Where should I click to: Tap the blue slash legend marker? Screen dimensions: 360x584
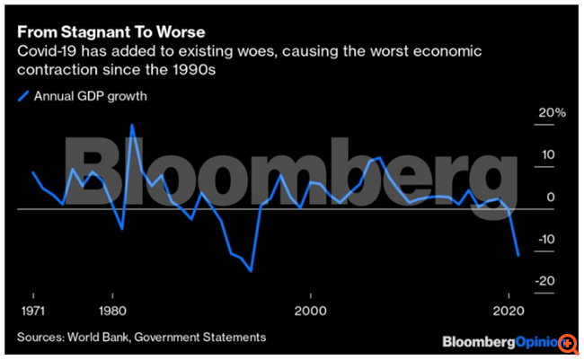[23, 97]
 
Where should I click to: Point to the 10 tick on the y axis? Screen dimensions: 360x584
[548, 155]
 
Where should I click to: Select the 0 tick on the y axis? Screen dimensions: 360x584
[551, 198]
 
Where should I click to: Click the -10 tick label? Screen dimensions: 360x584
[546, 240]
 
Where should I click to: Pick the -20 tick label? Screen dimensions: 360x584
[546, 281]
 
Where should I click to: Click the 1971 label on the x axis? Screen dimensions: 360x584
[33, 312]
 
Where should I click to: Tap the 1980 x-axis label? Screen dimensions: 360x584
[112, 312]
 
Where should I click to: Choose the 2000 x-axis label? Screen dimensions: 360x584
[310, 312]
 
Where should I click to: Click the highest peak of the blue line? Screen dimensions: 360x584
[132, 125]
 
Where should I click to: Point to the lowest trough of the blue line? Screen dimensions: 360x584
[251, 270]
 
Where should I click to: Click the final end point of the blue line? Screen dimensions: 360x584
[518, 256]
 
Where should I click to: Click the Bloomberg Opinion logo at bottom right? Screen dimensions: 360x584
[499, 342]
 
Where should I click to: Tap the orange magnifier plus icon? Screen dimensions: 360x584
[569, 344]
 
